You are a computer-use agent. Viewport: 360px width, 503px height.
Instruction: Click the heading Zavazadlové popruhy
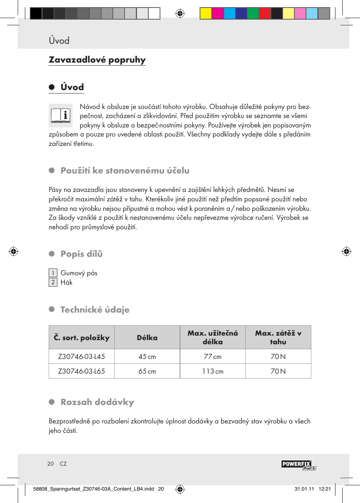coord(97,60)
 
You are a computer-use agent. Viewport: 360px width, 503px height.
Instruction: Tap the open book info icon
coord(60,115)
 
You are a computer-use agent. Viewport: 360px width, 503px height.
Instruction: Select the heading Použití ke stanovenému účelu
coord(125,171)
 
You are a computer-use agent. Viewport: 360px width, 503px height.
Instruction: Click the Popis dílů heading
coord(82,254)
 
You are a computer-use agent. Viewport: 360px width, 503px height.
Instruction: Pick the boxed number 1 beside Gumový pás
coord(53,273)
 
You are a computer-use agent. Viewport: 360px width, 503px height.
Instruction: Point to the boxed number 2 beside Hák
coord(53,282)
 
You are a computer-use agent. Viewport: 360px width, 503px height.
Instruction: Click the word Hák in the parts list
coord(66,282)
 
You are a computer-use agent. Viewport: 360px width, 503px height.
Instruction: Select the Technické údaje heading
coord(95,310)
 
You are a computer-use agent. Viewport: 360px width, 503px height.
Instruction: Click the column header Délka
coord(147,338)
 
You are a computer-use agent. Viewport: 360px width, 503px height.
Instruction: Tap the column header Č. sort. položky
coord(82,338)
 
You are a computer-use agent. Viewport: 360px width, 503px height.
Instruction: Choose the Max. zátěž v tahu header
coord(278,337)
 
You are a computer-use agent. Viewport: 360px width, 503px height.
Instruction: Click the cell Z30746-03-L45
coord(82,357)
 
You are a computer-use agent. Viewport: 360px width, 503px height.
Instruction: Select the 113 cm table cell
coord(213,371)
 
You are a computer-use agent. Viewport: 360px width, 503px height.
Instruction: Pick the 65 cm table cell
coord(147,371)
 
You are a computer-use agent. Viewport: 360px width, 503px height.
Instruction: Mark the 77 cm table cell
coord(213,357)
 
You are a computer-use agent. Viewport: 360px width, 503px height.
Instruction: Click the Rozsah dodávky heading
coord(97,402)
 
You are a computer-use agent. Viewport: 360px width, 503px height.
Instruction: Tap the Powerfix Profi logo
coord(298,465)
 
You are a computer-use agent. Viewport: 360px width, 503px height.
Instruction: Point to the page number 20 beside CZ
coord(51,464)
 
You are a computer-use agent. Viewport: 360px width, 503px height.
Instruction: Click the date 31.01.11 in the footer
coord(304,489)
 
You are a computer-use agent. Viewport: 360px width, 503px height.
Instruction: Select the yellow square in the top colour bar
coord(206,14)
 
